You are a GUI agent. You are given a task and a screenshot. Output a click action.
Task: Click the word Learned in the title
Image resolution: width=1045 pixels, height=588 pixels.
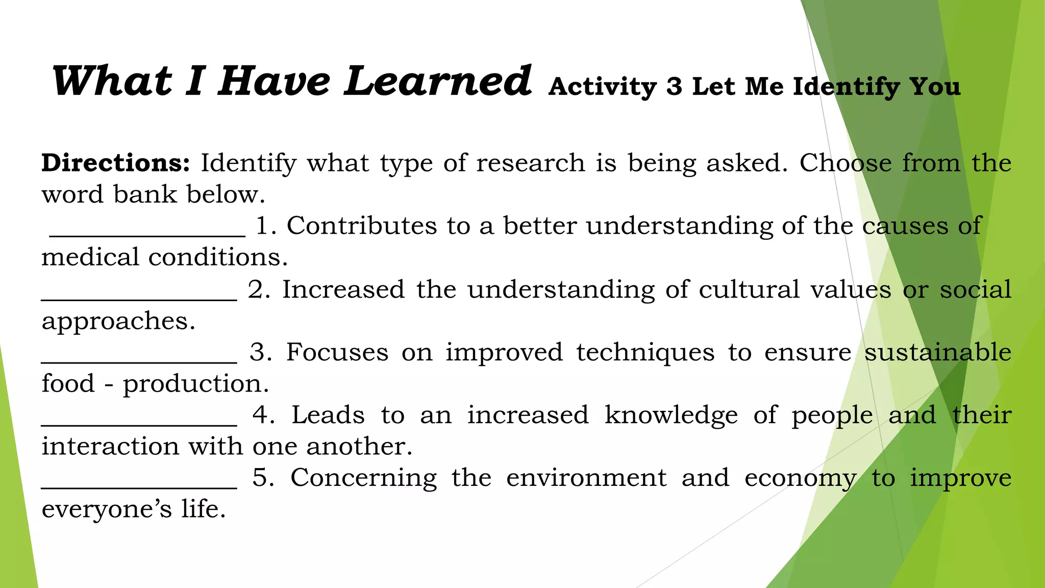[438, 82]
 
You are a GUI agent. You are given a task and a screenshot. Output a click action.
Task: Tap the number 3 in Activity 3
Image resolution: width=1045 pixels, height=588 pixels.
[674, 87]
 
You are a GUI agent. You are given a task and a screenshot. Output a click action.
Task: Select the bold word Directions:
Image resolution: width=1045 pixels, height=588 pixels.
[116, 163]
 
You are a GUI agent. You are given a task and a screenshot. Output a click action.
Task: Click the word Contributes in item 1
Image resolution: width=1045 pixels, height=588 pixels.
[362, 226]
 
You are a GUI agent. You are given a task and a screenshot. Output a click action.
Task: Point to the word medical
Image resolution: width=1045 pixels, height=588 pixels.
[90, 257]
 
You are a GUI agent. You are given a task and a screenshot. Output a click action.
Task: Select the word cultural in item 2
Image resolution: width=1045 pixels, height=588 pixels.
[749, 290]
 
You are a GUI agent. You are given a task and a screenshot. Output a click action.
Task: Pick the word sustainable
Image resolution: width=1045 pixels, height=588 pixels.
[937, 353]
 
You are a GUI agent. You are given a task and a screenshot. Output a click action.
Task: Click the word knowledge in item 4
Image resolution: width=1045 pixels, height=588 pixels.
[671, 415]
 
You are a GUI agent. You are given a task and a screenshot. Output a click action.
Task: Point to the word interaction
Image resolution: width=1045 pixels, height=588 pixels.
[111, 447]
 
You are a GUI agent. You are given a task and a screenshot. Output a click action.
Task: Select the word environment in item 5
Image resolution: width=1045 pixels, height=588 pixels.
[586, 478]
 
